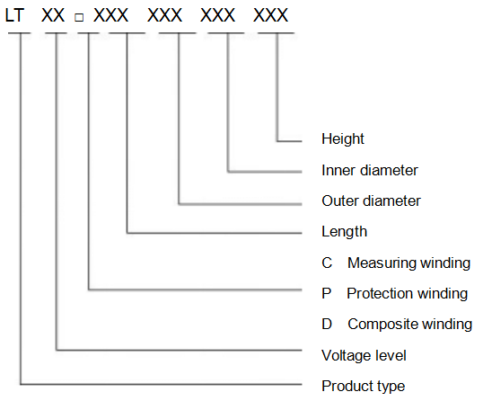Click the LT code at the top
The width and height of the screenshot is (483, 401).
tap(14, 15)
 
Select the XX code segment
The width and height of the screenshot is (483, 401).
tap(53, 15)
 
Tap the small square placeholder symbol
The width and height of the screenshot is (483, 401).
tap(79, 17)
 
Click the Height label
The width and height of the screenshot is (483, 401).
tap(343, 139)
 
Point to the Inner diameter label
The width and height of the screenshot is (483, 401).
tap(370, 170)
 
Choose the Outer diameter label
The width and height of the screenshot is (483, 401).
tap(371, 200)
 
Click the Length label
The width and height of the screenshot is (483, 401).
tap(345, 232)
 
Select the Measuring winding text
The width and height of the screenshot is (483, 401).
tap(408, 263)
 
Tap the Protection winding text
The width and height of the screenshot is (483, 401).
tap(408, 293)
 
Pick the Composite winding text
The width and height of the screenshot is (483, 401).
tap(410, 325)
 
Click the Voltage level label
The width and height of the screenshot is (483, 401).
tap(364, 355)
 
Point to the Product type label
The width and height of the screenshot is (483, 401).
tap(364, 387)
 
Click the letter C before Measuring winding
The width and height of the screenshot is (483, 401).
tap(327, 263)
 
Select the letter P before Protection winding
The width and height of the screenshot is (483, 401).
tap(327, 293)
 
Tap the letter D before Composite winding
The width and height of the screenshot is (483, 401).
tap(327, 325)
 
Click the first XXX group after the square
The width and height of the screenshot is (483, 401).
tap(110, 15)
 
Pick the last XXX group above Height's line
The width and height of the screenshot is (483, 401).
tap(270, 15)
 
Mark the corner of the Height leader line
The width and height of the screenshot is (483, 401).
tap(277, 141)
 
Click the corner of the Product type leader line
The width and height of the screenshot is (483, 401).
tap(21, 384)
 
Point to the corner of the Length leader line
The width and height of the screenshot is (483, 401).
tap(127, 233)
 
